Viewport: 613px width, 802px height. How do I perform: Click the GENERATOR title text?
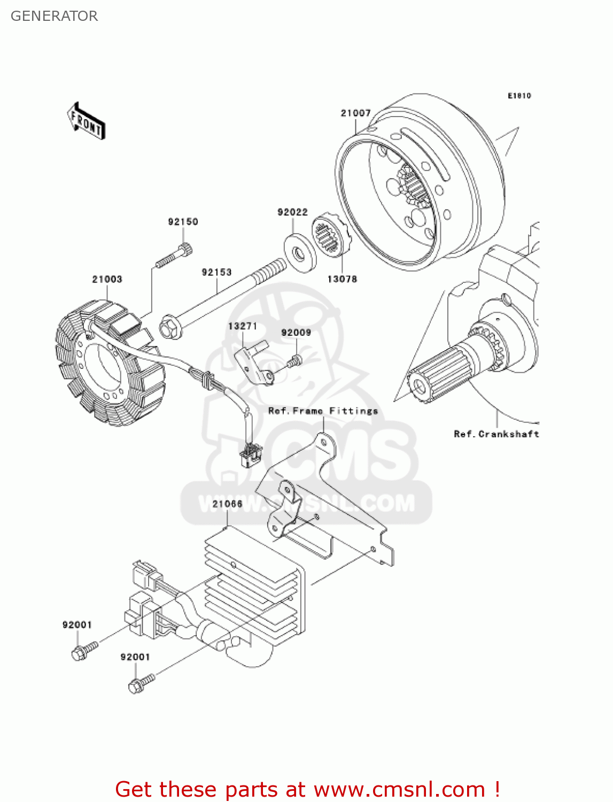point(54,16)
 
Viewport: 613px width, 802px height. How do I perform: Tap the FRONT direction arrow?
point(86,121)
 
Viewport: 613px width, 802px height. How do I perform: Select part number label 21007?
point(355,113)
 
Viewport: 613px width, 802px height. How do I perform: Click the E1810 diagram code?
point(519,96)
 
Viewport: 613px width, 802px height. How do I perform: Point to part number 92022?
point(292,212)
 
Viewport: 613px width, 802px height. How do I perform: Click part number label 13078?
point(342,279)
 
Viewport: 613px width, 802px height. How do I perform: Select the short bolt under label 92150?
point(175,255)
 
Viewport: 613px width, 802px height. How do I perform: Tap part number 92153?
point(216,272)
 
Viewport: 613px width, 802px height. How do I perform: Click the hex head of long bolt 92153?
point(169,328)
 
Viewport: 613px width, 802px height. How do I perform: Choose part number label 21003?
point(107,279)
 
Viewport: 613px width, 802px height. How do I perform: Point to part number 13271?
point(243,326)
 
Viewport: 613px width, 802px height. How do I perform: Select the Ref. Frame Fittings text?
point(323,411)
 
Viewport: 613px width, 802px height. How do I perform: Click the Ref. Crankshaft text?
point(496,434)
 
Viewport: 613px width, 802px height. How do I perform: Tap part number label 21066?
point(227,504)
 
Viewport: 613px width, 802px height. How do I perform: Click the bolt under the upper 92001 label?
point(83,651)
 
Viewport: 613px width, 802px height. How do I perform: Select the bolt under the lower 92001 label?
point(140,683)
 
